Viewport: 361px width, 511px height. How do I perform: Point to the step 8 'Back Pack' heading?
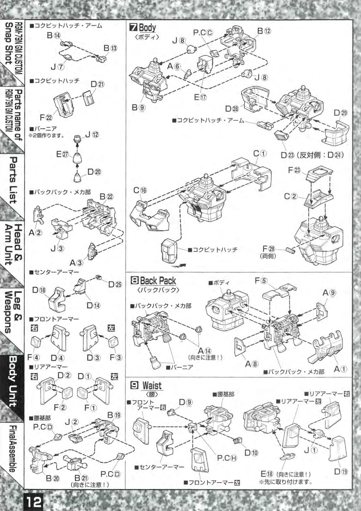click(154, 281)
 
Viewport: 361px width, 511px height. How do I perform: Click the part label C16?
click(140, 190)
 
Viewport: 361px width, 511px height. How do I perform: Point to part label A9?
click(329, 293)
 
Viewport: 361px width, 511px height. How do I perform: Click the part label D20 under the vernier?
click(94, 172)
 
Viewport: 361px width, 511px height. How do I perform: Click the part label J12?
click(92, 135)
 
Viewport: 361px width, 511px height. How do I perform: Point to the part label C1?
click(260, 154)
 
